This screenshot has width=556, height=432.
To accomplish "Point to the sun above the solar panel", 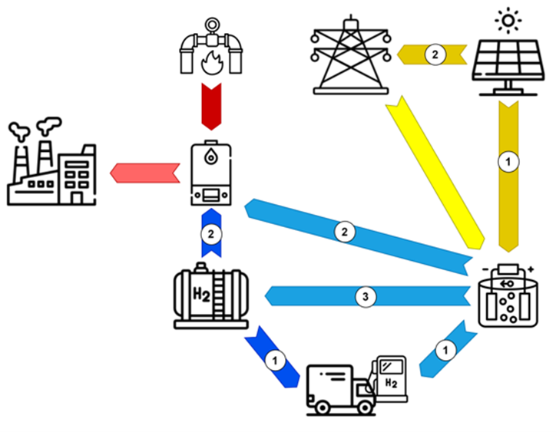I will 508,17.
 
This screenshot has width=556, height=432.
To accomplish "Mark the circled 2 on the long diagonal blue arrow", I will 346,229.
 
